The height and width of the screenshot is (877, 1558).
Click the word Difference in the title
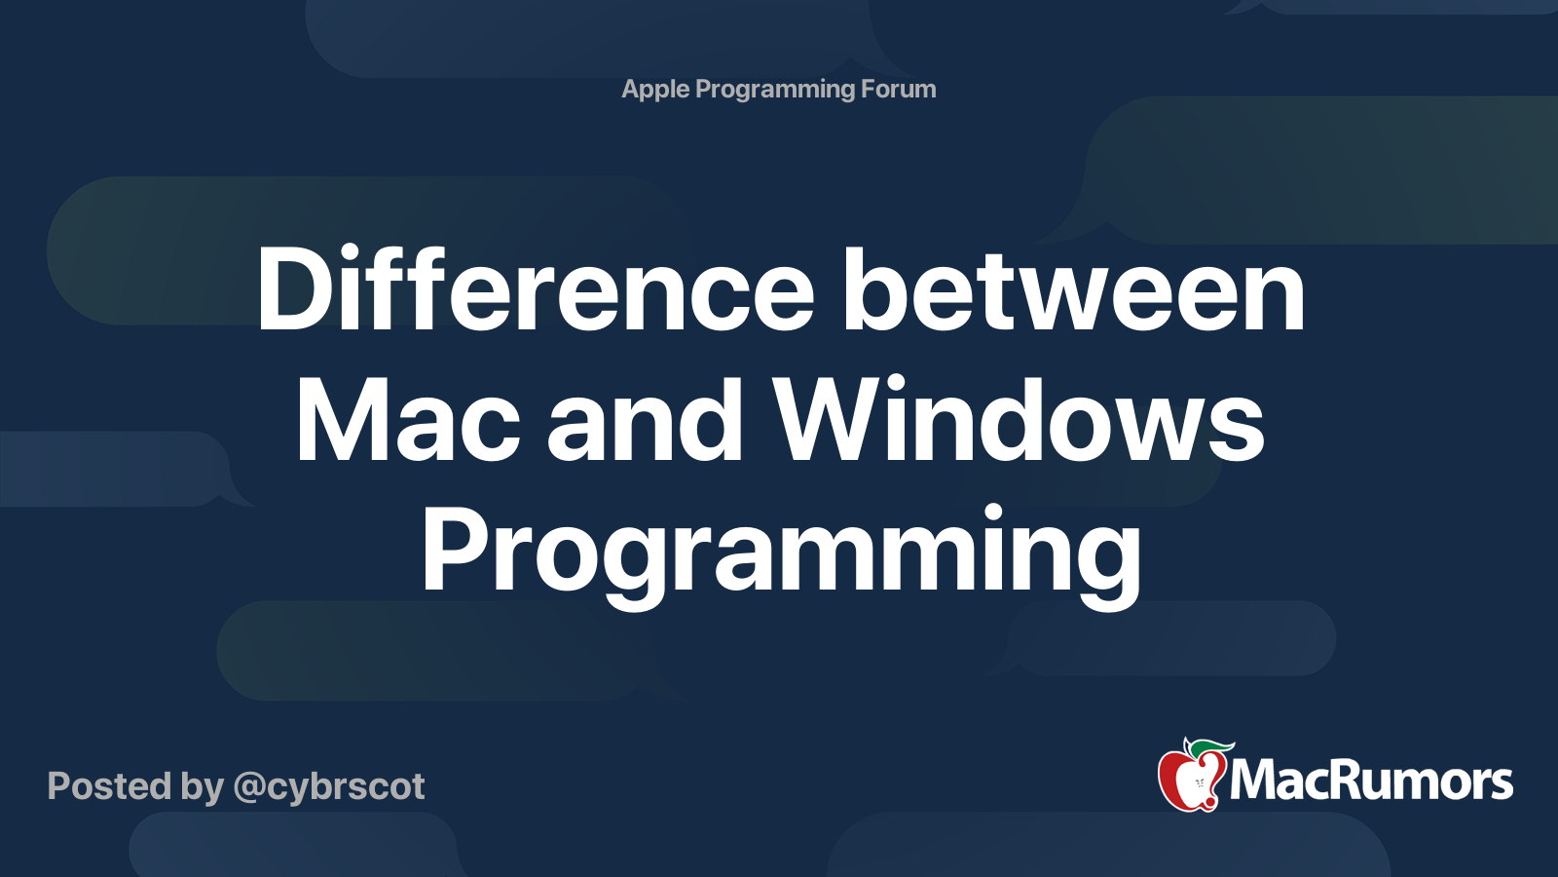click(536, 287)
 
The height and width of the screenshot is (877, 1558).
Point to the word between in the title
click(1075, 287)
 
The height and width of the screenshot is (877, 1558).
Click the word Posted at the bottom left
click(109, 785)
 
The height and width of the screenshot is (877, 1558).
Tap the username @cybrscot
click(329, 787)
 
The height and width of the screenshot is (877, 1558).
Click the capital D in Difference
click(294, 288)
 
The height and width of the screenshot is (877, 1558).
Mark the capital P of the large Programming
click(456, 550)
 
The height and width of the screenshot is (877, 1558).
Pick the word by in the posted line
click(203, 787)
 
